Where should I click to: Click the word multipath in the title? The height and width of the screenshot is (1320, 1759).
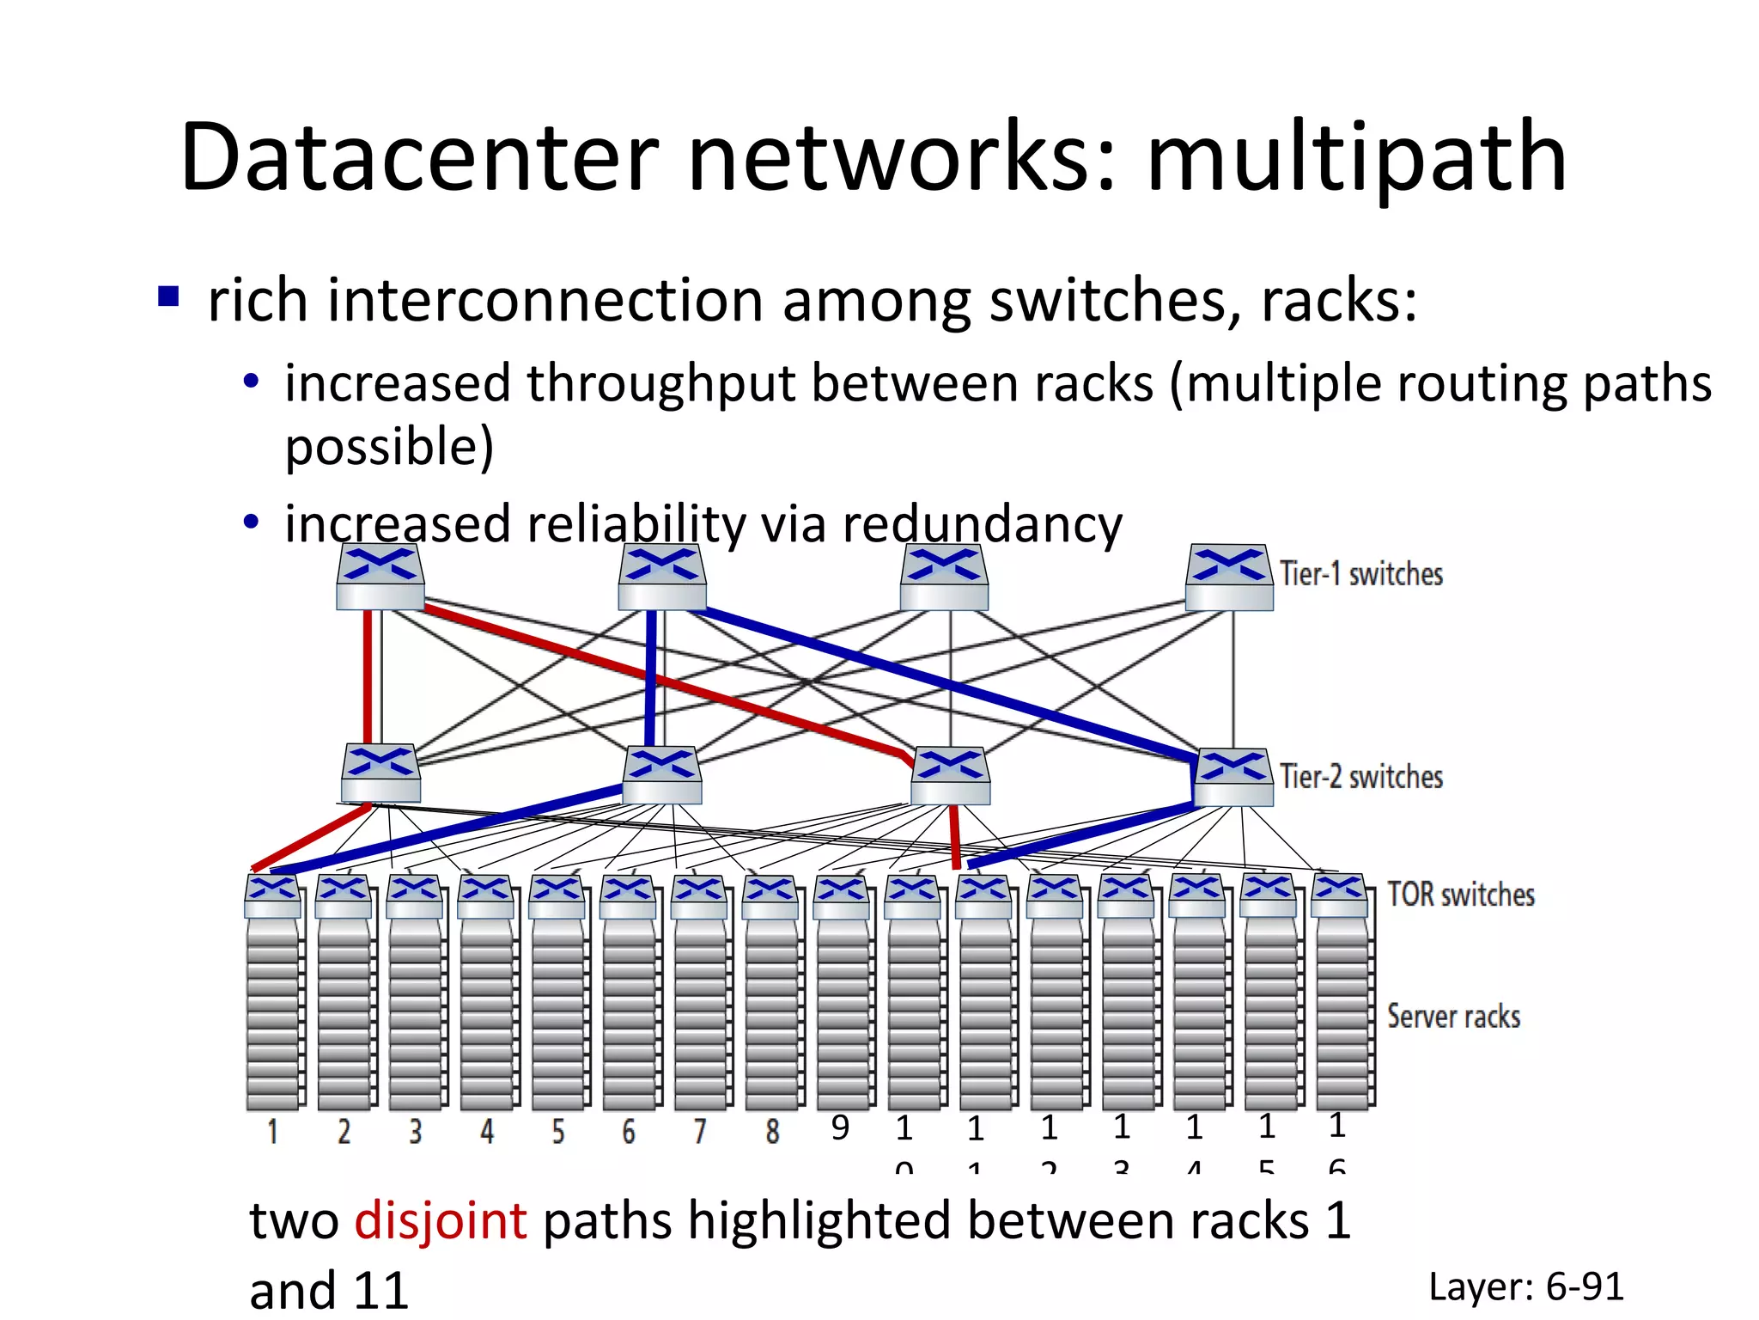(1357, 159)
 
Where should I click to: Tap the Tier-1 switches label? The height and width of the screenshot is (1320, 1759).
(1360, 574)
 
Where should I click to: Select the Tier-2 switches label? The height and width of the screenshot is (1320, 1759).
(1360, 777)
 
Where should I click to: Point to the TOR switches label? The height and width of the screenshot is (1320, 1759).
(1460, 895)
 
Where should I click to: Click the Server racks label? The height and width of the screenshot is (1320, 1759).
(1453, 1017)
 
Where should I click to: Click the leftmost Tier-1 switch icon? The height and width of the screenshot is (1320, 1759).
(380, 577)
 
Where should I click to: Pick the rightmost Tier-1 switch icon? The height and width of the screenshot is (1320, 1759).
(1229, 577)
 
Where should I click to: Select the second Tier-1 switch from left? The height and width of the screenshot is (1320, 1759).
(662, 577)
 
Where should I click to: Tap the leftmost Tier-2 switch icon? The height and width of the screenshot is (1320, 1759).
(380, 773)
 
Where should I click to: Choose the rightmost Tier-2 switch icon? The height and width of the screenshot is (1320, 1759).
(1233, 777)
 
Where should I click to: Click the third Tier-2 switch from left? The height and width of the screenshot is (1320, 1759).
(950, 776)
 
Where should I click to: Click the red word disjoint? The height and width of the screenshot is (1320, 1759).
(441, 1220)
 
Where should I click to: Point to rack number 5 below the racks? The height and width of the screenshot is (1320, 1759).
(558, 1132)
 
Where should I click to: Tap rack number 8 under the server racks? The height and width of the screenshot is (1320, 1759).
(772, 1132)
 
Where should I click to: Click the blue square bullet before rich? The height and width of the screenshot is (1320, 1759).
(168, 296)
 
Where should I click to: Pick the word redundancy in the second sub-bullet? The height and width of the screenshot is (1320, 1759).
(982, 524)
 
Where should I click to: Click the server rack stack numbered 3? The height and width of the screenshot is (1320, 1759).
(416, 1014)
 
